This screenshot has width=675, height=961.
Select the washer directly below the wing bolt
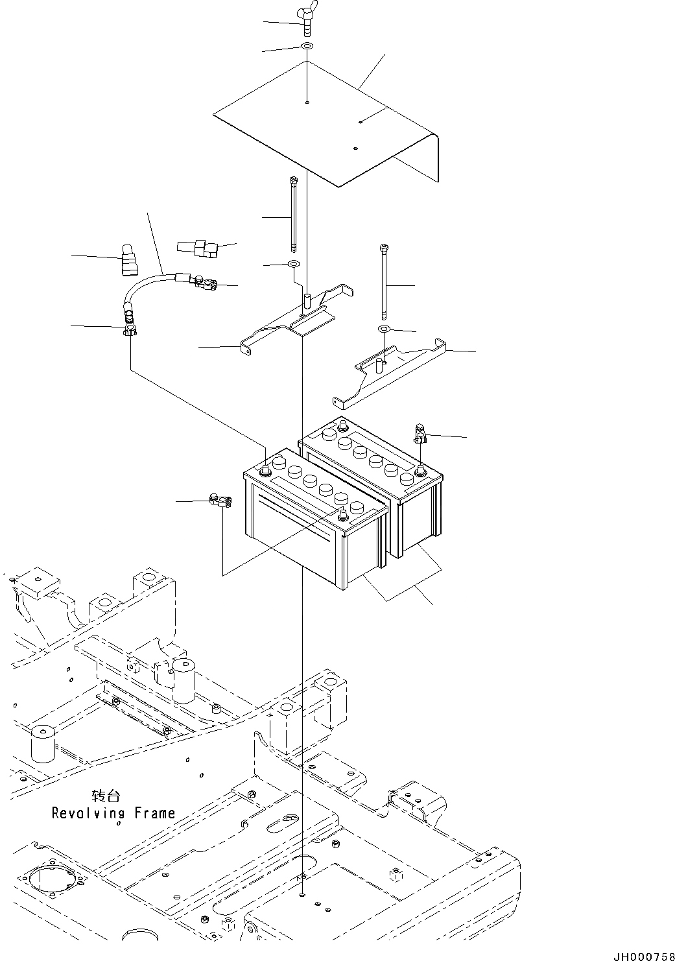coord(307,47)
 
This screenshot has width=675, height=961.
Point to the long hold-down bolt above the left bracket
coord(295,215)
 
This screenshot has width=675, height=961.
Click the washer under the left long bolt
coord(293,265)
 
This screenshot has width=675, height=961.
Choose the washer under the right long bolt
coord(384,329)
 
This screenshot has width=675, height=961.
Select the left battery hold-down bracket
coord(295,321)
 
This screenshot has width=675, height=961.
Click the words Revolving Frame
coord(113,813)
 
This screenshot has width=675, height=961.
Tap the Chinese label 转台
coord(106,796)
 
